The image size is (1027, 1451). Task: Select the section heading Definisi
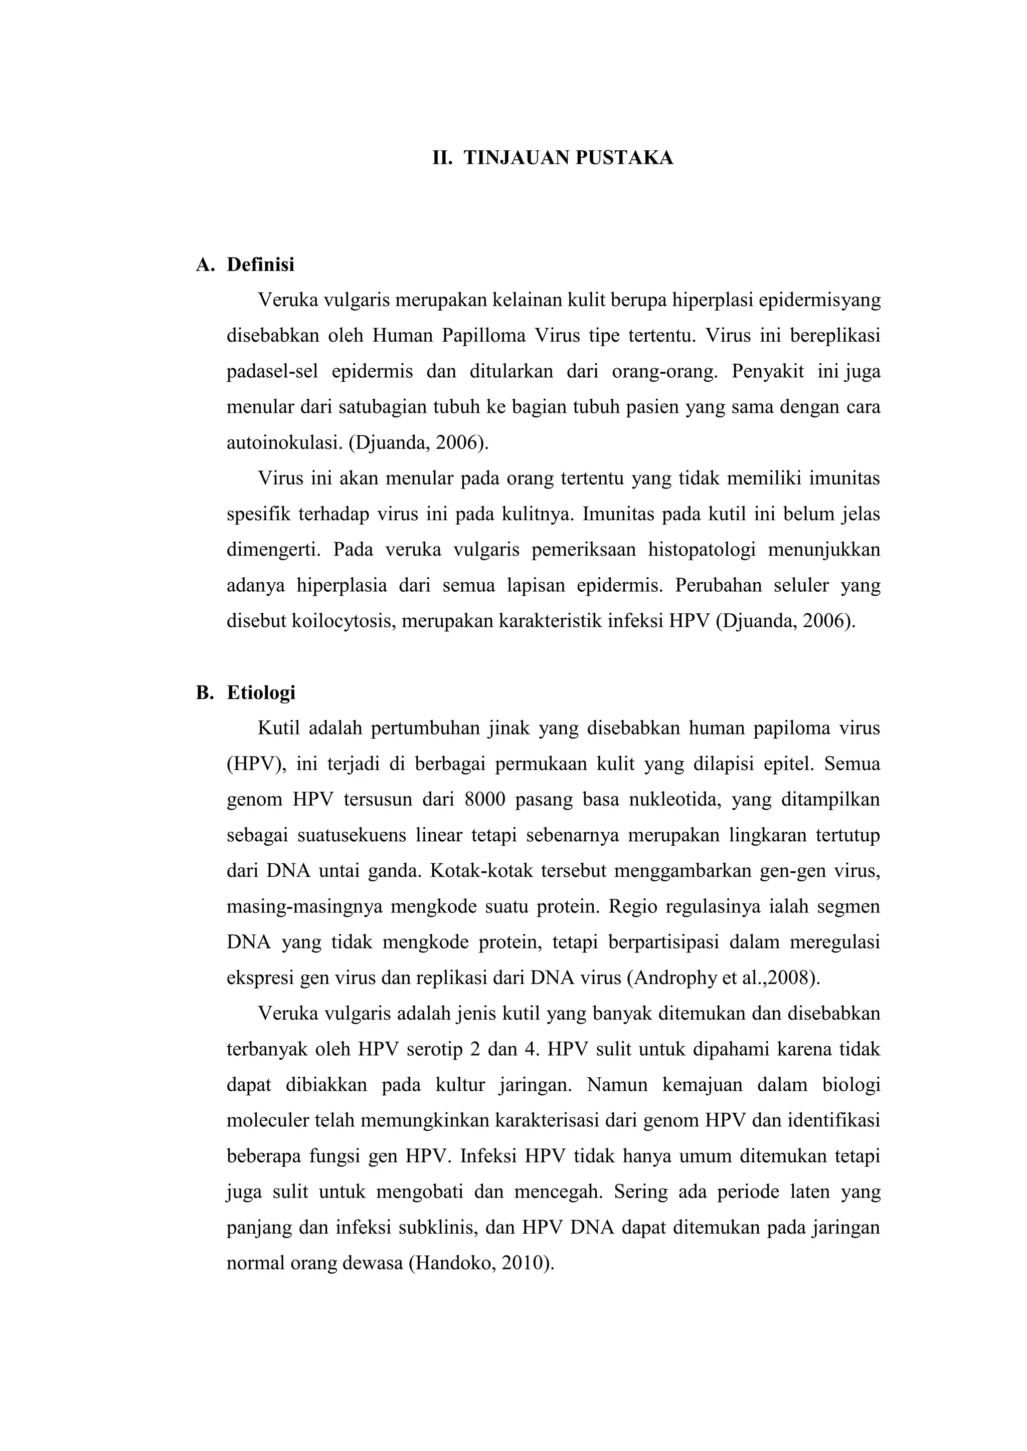click(261, 265)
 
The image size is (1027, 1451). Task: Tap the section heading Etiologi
click(261, 693)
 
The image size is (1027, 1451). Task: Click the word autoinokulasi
click(284, 443)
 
